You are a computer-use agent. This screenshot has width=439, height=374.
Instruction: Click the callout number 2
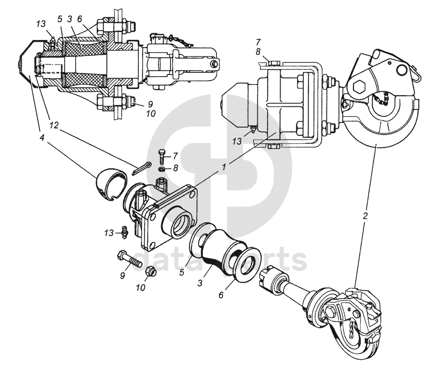(x=365, y=216)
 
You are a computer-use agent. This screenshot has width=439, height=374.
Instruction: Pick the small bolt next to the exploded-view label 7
(x=161, y=155)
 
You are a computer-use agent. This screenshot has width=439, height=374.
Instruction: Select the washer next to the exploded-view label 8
(x=162, y=169)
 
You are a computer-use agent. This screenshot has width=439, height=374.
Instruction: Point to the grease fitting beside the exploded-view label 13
(x=123, y=231)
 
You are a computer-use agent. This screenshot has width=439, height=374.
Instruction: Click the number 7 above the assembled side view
(x=258, y=41)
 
